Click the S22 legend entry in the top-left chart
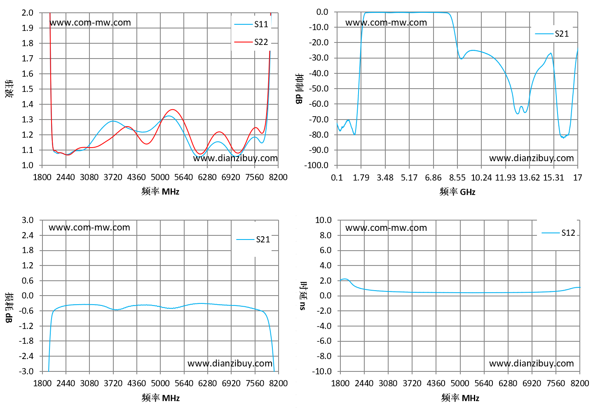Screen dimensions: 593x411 (x=251, y=42)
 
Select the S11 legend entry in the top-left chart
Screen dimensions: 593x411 (x=251, y=24)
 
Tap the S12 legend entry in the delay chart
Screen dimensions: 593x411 (x=558, y=233)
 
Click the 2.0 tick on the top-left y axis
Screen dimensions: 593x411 (x=28, y=13)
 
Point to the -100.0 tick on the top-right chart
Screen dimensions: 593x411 (x=316, y=165)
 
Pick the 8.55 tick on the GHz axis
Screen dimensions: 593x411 (x=457, y=177)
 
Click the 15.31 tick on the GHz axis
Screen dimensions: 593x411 (x=553, y=177)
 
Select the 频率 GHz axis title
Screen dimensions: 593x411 (x=457, y=192)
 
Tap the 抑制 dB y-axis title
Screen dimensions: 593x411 (x=300, y=89)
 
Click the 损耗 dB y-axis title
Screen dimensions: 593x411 (x=9, y=308)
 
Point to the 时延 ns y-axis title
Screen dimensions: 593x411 (x=303, y=296)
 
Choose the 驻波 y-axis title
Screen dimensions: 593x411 (x=9, y=89)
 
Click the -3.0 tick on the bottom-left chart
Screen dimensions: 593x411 (x=26, y=371)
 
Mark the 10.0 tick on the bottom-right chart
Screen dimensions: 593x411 (x=323, y=220)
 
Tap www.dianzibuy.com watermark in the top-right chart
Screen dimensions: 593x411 (x=531, y=158)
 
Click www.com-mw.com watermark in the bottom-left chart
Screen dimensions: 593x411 (x=89, y=228)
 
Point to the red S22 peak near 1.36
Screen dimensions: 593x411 (x=173, y=109)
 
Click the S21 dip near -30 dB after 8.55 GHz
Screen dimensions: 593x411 (x=461, y=59)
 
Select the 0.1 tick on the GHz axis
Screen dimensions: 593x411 (x=337, y=177)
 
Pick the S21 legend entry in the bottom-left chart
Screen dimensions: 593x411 (x=253, y=240)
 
